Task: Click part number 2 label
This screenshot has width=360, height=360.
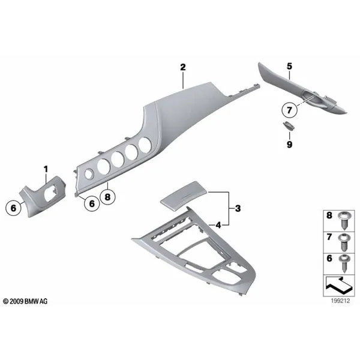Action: coord(183,67)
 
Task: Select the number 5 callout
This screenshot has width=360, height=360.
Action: coord(290,67)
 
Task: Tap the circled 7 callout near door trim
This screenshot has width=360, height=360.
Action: coord(289,110)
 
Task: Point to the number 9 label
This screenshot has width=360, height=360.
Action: coord(290,145)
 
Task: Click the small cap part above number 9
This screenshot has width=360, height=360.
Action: coord(289,126)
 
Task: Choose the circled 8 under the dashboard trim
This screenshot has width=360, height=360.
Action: coord(107,197)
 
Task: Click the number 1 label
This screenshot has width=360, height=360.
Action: coord(46,169)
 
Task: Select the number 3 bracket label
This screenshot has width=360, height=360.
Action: coord(238,208)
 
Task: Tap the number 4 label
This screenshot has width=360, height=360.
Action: coord(218,225)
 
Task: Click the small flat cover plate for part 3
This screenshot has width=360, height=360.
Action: coord(184,194)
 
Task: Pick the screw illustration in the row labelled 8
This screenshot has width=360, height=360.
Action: coord(344,221)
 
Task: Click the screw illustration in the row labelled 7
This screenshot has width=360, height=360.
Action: coord(344,242)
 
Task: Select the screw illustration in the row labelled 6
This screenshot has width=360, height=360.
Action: coord(344,264)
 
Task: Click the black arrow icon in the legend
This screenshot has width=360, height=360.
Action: coord(339,286)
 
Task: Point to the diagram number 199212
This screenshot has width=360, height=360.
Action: coord(340,301)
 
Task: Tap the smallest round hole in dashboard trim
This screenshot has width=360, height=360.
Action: coord(89,174)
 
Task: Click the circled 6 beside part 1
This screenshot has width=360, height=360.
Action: coord(13,208)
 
